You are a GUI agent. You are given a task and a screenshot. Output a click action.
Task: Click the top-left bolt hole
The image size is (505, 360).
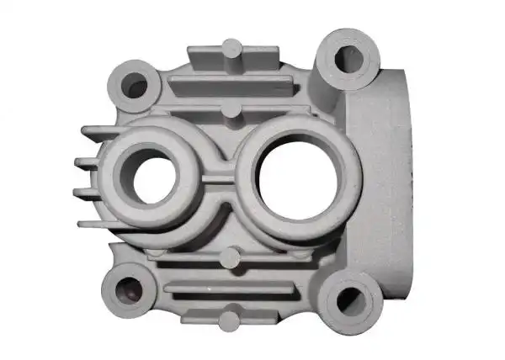(x=135, y=82)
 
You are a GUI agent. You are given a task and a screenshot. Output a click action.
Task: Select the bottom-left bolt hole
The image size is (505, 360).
(x=124, y=293)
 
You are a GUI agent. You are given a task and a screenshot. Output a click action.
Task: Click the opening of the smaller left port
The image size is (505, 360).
(x=151, y=179)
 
